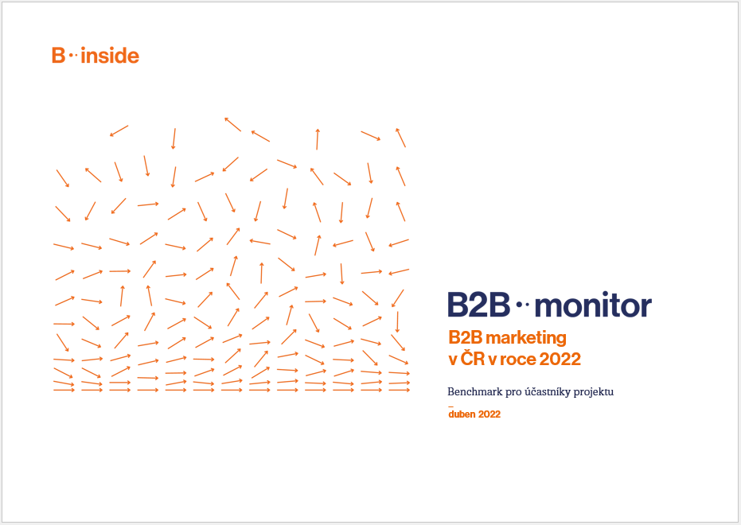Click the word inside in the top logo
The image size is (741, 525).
tap(110, 55)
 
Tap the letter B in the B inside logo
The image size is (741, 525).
tap(58, 55)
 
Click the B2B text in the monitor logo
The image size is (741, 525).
tap(478, 305)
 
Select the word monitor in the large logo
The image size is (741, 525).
tap(593, 306)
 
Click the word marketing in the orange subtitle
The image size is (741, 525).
tap(526, 338)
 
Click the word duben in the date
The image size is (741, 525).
tap(462, 414)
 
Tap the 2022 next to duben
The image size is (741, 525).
tap(489, 414)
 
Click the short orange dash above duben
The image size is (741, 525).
tap(450, 406)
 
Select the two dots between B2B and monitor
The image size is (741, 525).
tap(522, 305)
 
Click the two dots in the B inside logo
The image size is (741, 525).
tap(73, 55)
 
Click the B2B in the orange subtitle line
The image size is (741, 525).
tap(465, 337)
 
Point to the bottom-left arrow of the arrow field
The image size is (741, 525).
tap(64, 390)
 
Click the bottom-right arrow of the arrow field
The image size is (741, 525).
tap(400, 390)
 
